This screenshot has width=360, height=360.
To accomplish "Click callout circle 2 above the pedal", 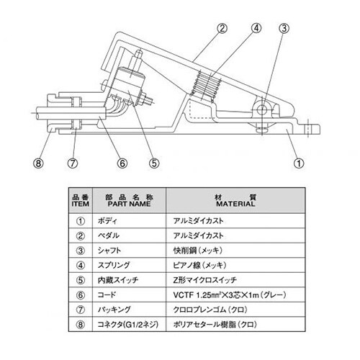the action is [x=222, y=28].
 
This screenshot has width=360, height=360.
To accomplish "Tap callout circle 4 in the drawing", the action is [x=256, y=28].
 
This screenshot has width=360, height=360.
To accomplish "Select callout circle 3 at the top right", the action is [x=284, y=28].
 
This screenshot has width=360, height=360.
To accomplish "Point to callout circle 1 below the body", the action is [x=299, y=163].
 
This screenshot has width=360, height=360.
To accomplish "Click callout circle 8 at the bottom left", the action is [x=38, y=163].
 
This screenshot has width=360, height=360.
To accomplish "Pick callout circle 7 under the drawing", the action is [x=73, y=163].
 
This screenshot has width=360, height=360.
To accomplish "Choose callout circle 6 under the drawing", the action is [x=122, y=163].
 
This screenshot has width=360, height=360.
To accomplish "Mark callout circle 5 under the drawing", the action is [x=154, y=163].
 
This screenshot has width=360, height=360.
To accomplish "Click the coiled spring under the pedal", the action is [x=207, y=86].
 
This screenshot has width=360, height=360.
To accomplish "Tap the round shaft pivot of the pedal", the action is [x=261, y=110].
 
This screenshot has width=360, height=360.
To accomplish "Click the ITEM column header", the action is [x=81, y=201].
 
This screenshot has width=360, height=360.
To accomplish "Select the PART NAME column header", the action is [x=129, y=201].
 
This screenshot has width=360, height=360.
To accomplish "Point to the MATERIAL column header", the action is [x=235, y=201].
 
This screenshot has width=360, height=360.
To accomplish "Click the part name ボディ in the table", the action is [x=107, y=221].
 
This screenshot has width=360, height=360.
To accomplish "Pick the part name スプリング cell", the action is [x=114, y=265].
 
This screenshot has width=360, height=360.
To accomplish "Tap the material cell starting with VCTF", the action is [x=230, y=294].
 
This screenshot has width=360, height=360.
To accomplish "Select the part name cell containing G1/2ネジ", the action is [x=128, y=325].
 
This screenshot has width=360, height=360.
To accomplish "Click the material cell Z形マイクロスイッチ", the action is [x=205, y=280].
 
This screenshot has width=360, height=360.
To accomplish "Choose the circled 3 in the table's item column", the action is [x=81, y=251].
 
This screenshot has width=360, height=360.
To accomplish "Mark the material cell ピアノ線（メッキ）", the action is [x=199, y=265].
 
